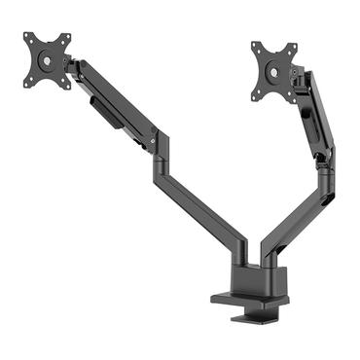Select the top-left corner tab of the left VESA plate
point(29,40)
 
